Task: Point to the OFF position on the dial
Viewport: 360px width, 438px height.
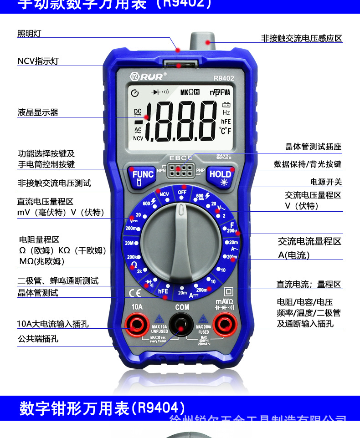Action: [182, 192]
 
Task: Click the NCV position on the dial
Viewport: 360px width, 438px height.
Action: [164, 194]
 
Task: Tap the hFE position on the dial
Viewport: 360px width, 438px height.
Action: [163, 290]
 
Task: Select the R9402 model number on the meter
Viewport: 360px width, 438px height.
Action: [223, 78]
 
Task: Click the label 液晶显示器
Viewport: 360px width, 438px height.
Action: [38, 112]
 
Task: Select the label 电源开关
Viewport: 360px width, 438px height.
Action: [326, 182]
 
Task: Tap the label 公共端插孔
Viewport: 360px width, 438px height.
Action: [38, 339]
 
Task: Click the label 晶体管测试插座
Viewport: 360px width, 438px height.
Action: [313, 147]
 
